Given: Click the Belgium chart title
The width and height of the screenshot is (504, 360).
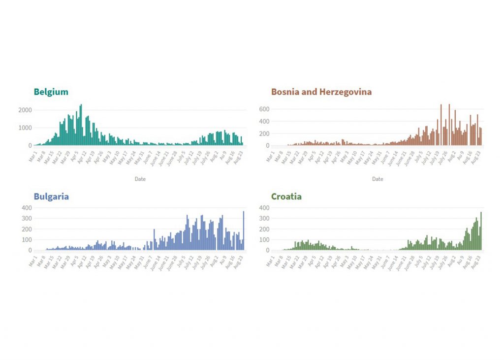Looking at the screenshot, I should [51, 92].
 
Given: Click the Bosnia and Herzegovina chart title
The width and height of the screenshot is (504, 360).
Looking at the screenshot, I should [321, 92].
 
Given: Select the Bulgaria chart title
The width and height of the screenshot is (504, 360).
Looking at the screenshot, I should [51, 196].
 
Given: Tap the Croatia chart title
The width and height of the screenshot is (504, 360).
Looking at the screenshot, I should [286, 196].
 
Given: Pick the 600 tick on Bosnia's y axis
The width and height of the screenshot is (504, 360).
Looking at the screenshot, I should [264, 109].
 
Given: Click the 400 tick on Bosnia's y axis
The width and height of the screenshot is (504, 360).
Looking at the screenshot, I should [264, 121].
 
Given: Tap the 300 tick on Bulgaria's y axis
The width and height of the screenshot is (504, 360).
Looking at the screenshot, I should [27, 218].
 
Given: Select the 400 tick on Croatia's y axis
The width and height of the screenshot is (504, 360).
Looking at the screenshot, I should [264, 208].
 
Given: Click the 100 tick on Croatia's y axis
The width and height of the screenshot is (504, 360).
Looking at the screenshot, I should [264, 240].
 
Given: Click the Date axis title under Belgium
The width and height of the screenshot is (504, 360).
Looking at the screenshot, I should [140, 179].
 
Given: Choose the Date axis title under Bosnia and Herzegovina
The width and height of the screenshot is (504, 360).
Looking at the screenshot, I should [378, 179].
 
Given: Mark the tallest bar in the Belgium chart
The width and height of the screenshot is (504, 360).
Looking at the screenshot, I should [81, 125].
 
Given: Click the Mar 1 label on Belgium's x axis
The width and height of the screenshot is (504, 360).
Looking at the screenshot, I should [31, 155].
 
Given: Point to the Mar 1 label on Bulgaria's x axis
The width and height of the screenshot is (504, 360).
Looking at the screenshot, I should [31, 261].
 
